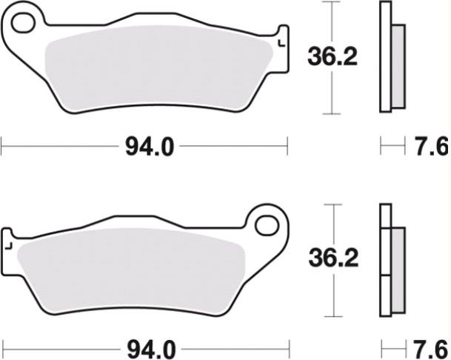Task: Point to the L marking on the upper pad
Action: click(280, 43)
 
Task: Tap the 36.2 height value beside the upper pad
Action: click(333, 56)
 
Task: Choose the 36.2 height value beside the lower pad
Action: click(333, 259)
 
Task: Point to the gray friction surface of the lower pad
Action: click(133, 270)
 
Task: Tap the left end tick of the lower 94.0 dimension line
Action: click(2, 347)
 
